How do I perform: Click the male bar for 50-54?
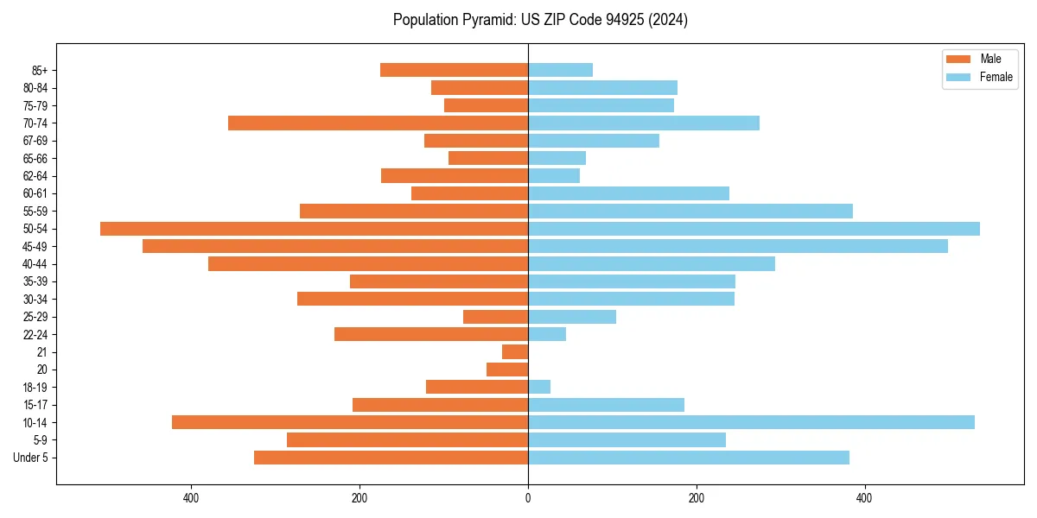(314, 229)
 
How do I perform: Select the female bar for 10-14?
(751, 422)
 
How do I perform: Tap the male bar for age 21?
(515, 351)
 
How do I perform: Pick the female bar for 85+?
(560, 70)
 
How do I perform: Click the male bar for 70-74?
(378, 123)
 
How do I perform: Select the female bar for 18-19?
(539, 387)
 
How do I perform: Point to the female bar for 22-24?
(547, 334)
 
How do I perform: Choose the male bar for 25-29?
(495, 317)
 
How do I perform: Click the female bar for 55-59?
(690, 211)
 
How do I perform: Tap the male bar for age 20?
(507, 370)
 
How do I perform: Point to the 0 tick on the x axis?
(528, 498)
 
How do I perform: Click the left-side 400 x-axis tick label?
(191, 498)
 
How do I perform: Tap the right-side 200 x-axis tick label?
(696, 498)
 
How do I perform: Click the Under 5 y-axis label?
(31, 458)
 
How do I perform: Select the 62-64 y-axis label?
(35, 176)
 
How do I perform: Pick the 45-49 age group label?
(35, 246)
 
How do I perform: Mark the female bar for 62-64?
(554, 176)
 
